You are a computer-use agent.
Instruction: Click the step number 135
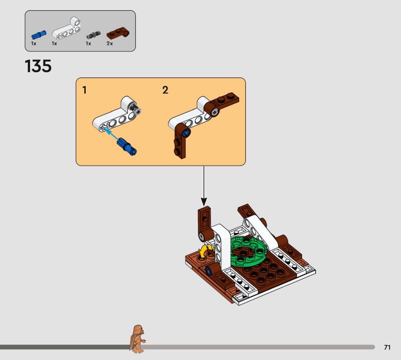pos(38,66)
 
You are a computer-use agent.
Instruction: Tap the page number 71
pos(387,347)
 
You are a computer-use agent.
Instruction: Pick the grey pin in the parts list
pos(92,35)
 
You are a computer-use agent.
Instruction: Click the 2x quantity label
pos(109,44)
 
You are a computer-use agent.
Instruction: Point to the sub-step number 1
pos(85,90)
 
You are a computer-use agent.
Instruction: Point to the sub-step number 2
pos(165,90)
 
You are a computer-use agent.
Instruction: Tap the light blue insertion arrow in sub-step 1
pos(114,135)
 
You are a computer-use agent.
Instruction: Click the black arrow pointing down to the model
pos(204,185)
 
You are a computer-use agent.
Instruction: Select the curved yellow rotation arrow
pos(206,250)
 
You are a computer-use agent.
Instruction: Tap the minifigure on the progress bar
pos(136,337)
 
